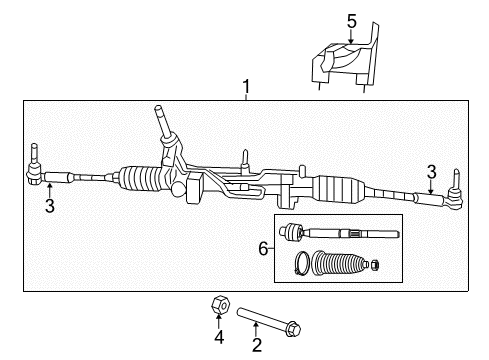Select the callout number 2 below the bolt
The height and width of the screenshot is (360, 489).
(257, 346)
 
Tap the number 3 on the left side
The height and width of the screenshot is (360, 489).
(47, 207)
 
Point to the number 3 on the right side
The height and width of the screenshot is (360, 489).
(431, 170)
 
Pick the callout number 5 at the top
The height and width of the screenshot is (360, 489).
(351, 21)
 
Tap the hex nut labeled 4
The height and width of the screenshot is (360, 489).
(218, 304)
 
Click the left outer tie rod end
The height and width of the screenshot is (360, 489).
(34, 172)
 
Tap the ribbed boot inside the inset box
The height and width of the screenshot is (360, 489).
(339, 265)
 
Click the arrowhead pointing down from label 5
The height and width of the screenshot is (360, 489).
(351, 38)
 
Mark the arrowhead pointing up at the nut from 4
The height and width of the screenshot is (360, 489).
(218, 320)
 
